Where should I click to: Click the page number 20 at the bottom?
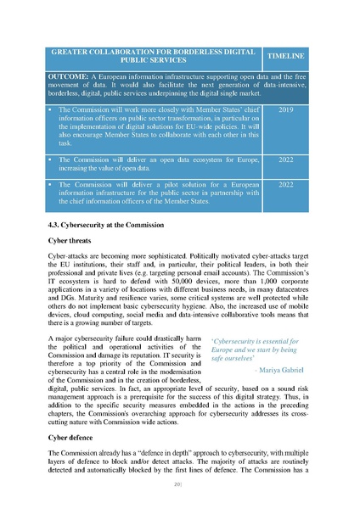pos(179,484)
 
